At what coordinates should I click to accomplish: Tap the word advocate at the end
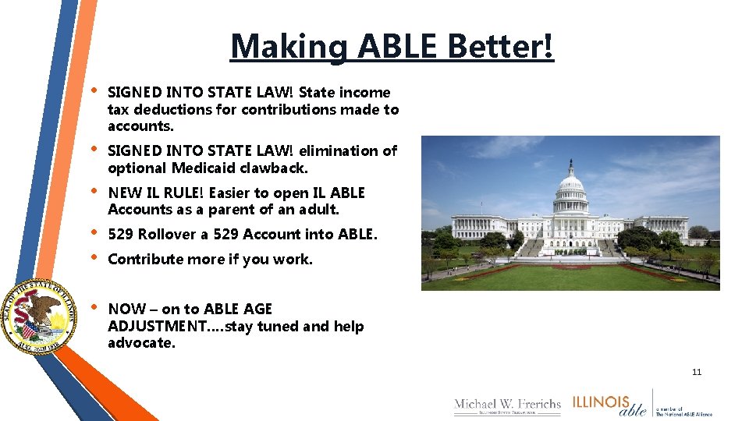[x=140, y=343]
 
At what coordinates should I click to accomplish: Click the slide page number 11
[x=697, y=372]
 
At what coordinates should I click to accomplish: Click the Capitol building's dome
[x=570, y=187]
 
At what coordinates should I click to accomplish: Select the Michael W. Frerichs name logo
[x=507, y=405]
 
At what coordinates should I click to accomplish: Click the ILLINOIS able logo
[x=610, y=405]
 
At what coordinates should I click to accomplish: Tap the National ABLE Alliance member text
[x=683, y=411]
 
